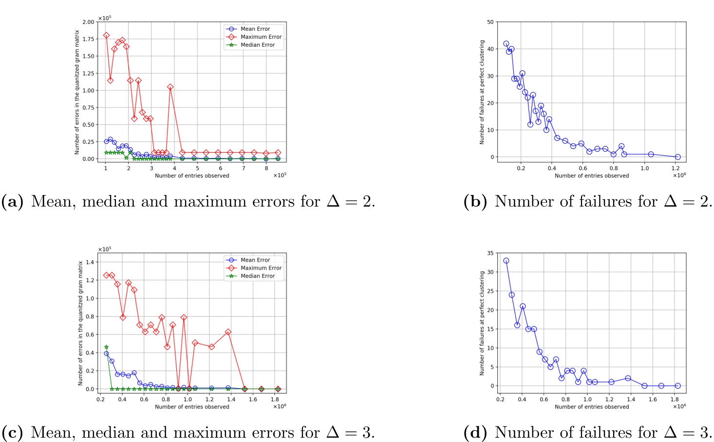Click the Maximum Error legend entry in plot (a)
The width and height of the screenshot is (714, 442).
coord(261,37)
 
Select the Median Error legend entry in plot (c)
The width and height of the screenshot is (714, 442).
coord(258,276)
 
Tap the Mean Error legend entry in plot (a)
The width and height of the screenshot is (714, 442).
coord(255,29)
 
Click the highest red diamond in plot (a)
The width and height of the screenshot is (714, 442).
coord(106,35)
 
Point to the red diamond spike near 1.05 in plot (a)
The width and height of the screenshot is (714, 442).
coord(170,87)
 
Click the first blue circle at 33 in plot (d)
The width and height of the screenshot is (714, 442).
coord(506,261)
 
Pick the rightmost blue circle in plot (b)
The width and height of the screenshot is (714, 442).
coord(677,157)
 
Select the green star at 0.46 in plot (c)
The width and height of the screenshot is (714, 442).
coord(106,347)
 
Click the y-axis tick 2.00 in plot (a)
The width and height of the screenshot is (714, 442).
coord(88,22)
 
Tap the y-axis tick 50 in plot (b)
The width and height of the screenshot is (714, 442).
coord(490,22)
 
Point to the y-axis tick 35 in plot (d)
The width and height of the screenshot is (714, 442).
coord(490,253)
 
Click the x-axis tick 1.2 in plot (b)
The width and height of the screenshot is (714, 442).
coord(676,168)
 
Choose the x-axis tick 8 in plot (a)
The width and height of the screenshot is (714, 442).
coord(266,168)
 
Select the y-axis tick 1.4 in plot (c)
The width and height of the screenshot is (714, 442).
coord(90,262)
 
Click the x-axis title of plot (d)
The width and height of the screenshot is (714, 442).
coord(592,407)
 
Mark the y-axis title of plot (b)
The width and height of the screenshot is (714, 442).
coord(482,92)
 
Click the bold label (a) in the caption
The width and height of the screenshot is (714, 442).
coord(13,201)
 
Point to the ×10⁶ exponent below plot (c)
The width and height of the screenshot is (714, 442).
coord(279,407)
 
